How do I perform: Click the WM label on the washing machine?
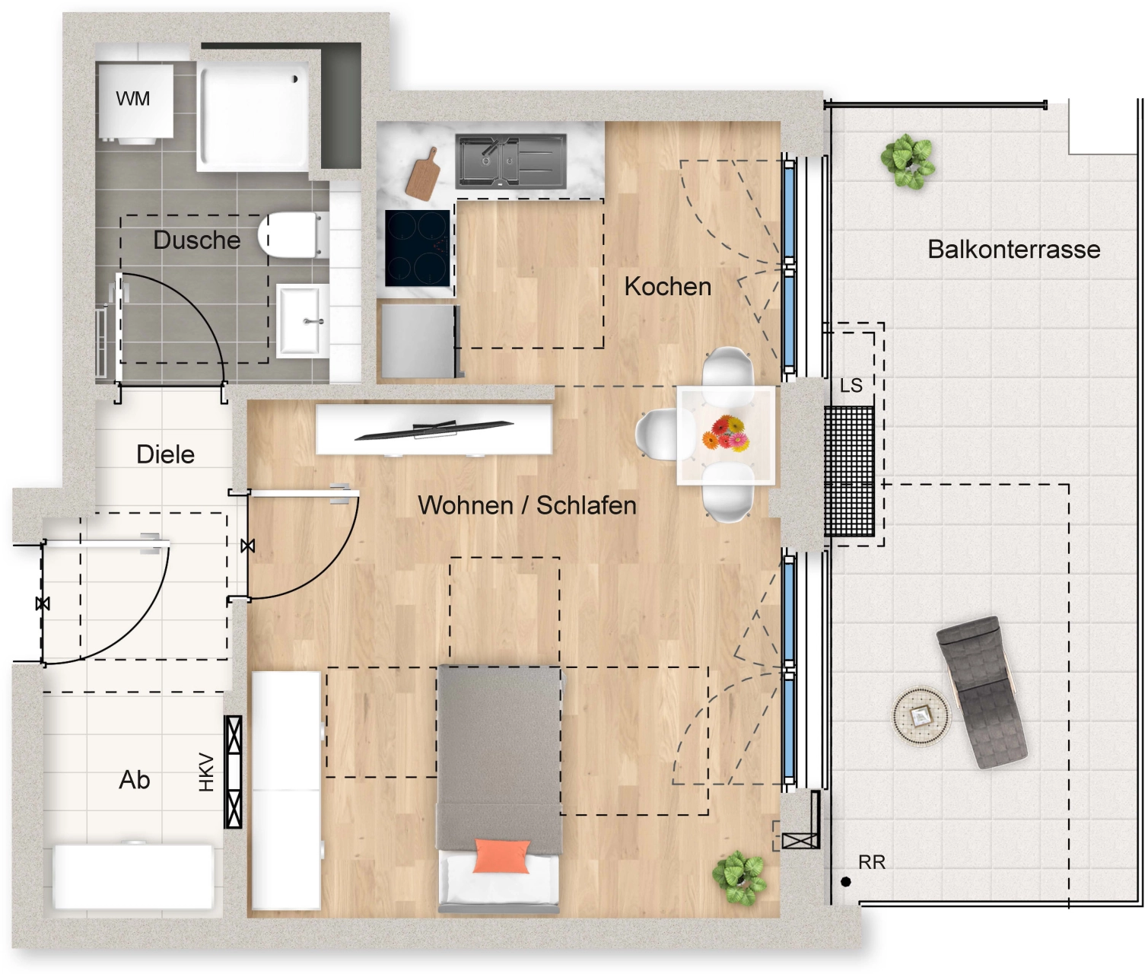(132, 99)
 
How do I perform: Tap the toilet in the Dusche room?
(289, 235)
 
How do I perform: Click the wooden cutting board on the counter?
(423, 174)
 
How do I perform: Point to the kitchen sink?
(511, 161)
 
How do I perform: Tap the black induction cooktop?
(418, 248)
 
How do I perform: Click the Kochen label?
(668, 287)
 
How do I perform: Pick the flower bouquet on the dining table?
(724, 433)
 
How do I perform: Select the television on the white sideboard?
(434, 431)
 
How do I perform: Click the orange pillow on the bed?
(501, 855)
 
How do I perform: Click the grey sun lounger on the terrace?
(981, 692)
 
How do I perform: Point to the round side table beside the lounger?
(921, 716)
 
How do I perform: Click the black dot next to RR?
(845, 882)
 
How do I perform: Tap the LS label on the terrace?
(851, 386)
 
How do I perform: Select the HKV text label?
(206, 772)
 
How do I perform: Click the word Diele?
(166, 454)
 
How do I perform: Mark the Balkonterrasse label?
(1013, 250)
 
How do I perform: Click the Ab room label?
(135, 780)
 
